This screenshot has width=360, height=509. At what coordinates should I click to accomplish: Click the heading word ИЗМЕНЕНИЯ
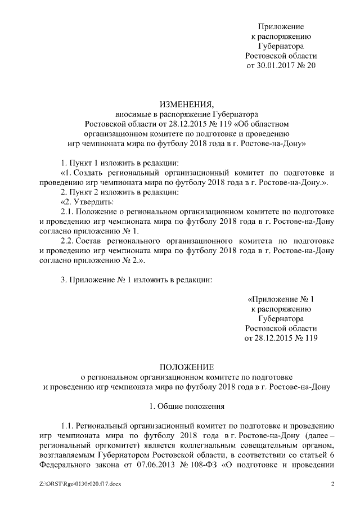point(186,104)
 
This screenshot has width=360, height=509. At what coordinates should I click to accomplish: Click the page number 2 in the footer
point(332,484)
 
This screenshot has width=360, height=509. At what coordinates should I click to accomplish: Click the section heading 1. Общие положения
point(186,406)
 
